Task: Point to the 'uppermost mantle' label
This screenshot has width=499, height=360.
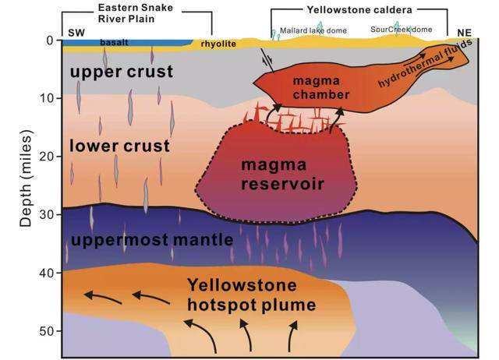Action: [x=151, y=240]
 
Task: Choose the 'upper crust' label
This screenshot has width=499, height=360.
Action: [x=111, y=72]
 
